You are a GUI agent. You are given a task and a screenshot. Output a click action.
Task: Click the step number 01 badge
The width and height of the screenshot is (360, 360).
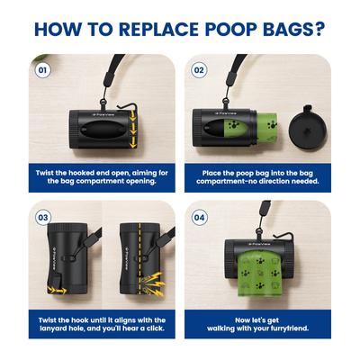(x=41, y=69)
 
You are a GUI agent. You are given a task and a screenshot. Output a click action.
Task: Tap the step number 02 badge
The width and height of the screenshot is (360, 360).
(x=199, y=69)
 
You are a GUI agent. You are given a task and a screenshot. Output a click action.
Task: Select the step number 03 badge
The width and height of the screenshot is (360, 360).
(x=41, y=217)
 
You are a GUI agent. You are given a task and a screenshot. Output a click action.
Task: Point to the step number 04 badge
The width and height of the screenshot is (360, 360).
(x=199, y=217)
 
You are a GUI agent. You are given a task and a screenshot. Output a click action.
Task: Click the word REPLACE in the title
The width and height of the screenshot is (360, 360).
(x=147, y=28)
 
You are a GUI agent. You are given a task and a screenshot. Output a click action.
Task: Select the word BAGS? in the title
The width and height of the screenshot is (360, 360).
(x=295, y=28)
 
